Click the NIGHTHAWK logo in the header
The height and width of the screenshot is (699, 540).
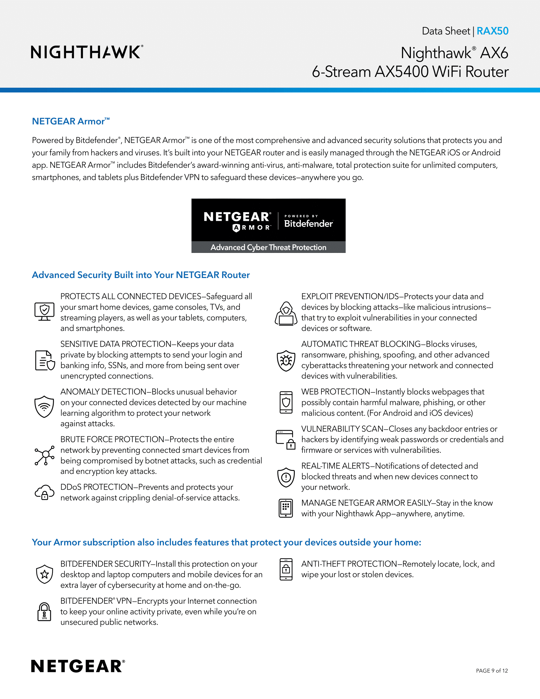pos(87,52)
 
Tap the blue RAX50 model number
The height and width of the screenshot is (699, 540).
pos(492,31)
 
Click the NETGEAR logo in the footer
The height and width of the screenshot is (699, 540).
pos(78,666)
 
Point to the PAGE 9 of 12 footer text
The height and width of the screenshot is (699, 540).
pos(492,670)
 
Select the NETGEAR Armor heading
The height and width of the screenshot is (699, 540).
pos(71,121)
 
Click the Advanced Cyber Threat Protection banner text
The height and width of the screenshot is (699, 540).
pos(268,248)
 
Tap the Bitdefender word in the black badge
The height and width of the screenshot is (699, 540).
pos(308,223)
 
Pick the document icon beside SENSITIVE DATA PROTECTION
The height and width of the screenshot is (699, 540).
pos(45,360)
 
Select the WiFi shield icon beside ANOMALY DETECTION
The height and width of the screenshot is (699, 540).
pos(44,406)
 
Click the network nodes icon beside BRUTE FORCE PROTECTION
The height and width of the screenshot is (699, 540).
pos(44,455)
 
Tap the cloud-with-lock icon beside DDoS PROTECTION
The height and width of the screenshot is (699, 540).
pos(44,492)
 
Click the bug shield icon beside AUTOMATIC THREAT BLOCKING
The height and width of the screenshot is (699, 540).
pos(286,360)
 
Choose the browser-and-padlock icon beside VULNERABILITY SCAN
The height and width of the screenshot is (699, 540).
pos(286,440)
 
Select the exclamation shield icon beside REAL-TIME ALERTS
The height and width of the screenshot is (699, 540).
pos(286,477)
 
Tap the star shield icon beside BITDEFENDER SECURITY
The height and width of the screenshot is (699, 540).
pos(44,574)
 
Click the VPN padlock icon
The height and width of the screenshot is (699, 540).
pos(44,611)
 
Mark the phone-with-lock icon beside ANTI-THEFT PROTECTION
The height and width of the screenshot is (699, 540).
pos(286,569)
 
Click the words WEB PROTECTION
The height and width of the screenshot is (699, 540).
pos(335,392)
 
